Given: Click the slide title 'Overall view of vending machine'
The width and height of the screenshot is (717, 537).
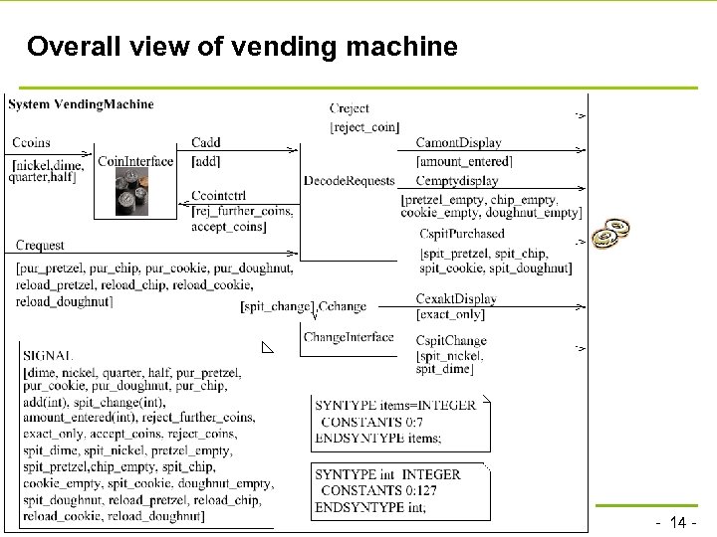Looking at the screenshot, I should [x=242, y=47].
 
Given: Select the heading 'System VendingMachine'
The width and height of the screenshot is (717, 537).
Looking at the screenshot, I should [x=82, y=104].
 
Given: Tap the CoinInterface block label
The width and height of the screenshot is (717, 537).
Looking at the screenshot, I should [x=135, y=161].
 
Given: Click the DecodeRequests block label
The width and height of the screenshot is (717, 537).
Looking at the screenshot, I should [x=350, y=181].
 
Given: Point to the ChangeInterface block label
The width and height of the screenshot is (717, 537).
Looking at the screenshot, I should [x=349, y=338].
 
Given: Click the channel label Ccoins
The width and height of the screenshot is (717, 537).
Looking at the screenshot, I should [x=32, y=142].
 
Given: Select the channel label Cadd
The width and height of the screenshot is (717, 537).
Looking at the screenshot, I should [x=206, y=143].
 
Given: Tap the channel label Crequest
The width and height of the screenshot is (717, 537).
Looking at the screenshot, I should [x=40, y=246].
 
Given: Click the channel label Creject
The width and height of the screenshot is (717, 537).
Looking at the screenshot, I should [x=349, y=108].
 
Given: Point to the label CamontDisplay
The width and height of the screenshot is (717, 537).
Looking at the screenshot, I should [x=458, y=143].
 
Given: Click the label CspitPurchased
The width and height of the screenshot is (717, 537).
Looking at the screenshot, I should [x=462, y=234].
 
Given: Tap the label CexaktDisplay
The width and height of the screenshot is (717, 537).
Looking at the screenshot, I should [x=456, y=299].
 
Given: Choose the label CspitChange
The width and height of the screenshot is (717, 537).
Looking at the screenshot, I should [x=451, y=341].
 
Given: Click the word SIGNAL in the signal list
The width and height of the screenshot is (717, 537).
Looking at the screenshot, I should [x=48, y=355].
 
